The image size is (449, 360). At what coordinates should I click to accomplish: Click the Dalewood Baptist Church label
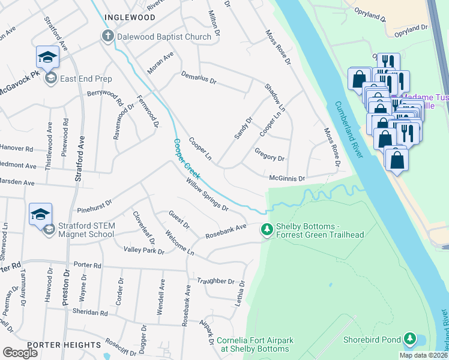coord(164,37)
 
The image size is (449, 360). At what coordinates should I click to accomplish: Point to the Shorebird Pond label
coord(372,340)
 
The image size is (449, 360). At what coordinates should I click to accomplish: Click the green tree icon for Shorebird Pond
coord(411,340)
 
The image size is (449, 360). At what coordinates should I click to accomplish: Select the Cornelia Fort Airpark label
coord(255,344)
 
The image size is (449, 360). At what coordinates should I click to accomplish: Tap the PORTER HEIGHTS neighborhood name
coord(64,344)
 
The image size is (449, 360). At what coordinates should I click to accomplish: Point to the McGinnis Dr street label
coord(287,178)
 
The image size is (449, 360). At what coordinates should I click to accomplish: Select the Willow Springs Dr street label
coord(207,195)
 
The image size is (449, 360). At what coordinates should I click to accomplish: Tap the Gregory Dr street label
coord(270,156)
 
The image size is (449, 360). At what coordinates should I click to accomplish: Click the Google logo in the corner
coord(20,353)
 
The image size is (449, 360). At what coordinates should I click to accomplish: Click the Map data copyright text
coord(423,355)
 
